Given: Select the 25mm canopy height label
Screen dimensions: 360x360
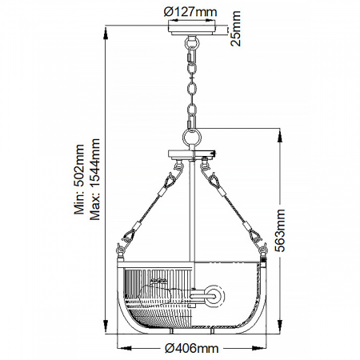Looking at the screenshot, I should [236, 29].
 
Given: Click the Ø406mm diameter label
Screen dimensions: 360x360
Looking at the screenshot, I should [191, 348].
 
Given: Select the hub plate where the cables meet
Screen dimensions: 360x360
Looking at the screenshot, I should [192, 154].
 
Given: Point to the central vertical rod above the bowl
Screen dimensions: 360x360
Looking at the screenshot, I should [192, 208].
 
